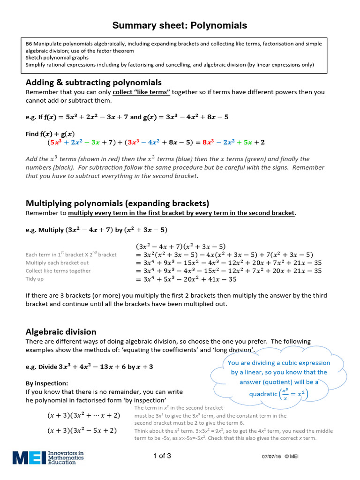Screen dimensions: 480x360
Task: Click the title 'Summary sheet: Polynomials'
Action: (x=180, y=25)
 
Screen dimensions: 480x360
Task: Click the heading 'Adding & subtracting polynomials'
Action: (x=93, y=82)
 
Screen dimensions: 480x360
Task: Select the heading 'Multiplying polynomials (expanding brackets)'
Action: (x=117, y=203)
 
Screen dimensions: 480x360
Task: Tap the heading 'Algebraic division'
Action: (x=61, y=331)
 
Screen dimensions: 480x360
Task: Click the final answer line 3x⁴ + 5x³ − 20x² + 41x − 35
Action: (x=186, y=279)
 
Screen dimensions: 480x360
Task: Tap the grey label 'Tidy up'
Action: (x=35, y=279)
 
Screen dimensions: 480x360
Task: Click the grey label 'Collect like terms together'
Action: (x=58, y=271)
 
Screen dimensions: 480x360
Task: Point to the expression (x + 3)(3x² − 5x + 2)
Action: (x=82, y=430)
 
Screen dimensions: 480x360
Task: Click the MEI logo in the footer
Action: (x=48, y=457)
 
